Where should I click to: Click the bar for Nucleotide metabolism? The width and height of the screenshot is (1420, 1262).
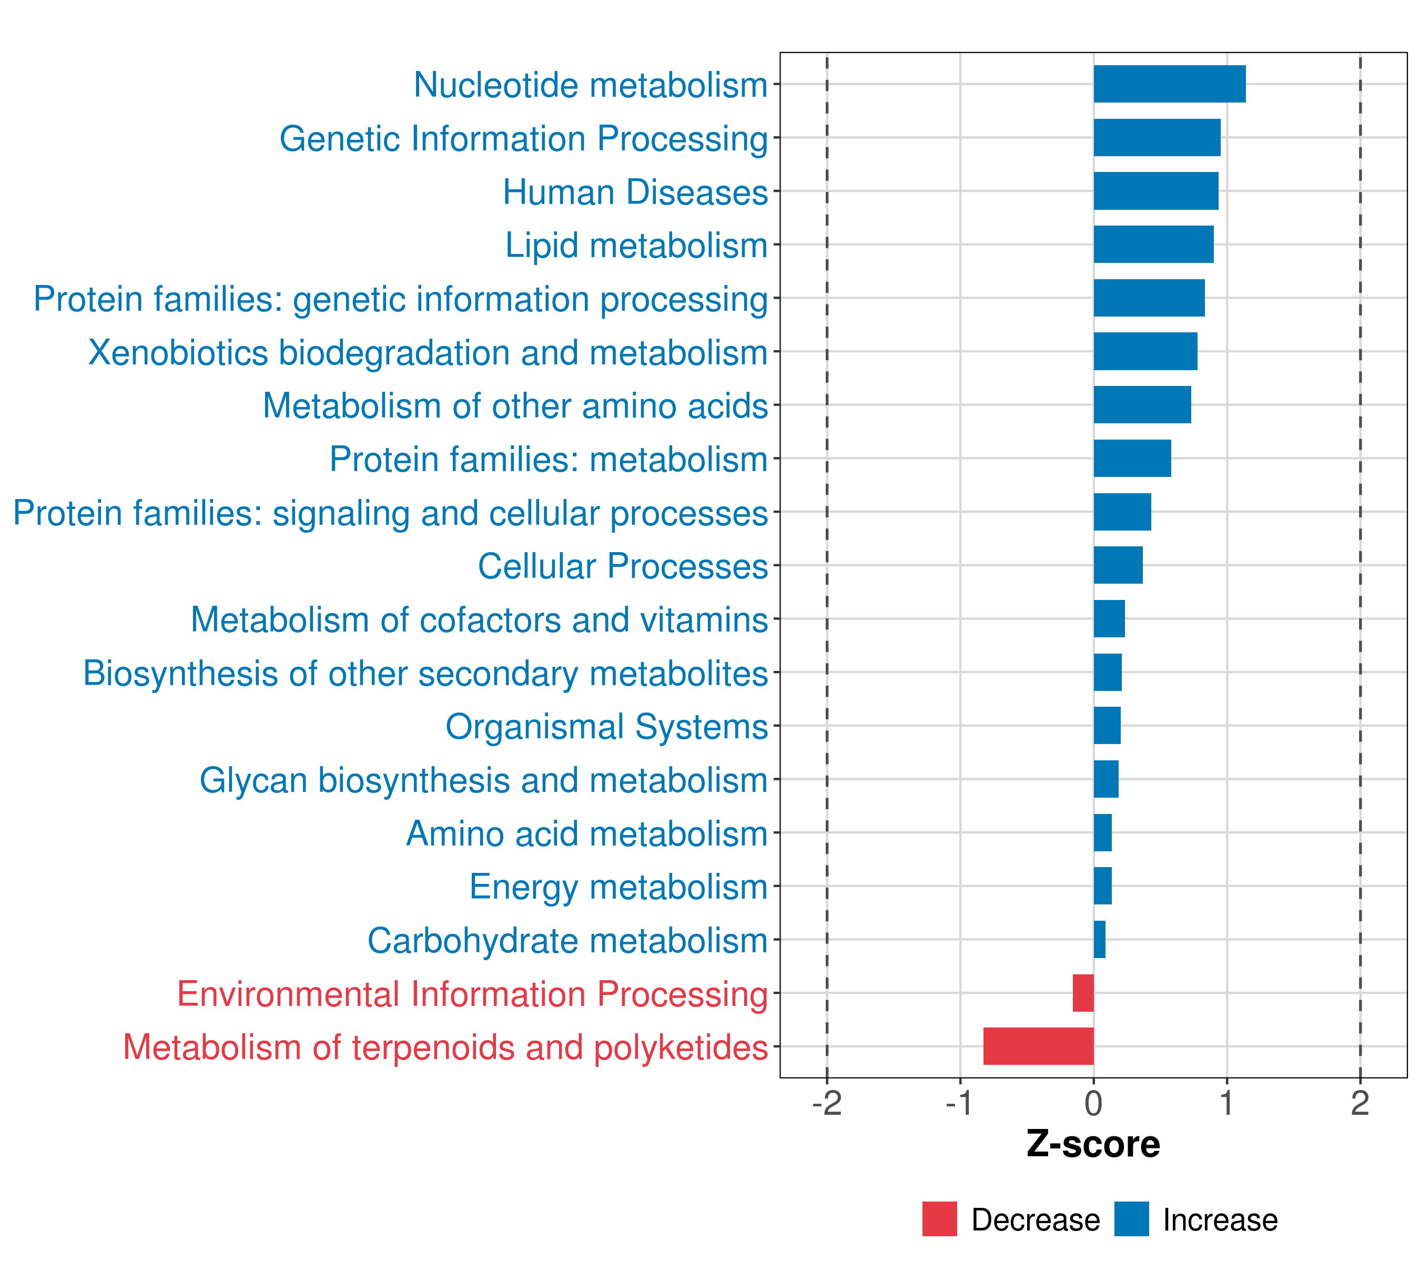click(1169, 84)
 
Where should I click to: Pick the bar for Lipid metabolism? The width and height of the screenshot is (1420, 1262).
click(1153, 245)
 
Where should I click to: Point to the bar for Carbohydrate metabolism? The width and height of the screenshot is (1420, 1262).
click(1099, 939)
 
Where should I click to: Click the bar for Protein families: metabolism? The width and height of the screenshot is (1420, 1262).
click(1132, 459)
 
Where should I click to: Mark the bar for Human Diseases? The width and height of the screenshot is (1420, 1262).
click(1156, 191)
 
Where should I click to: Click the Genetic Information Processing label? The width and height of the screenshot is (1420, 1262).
click(524, 139)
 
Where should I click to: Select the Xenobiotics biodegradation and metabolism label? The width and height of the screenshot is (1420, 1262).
click(428, 353)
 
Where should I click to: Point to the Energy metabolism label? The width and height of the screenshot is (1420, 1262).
click(618, 888)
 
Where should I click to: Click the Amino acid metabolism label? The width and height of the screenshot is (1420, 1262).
click(587, 833)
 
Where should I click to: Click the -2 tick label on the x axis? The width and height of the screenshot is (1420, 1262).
click(827, 1103)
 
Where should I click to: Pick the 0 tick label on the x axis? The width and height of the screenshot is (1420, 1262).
click(1093, 1103)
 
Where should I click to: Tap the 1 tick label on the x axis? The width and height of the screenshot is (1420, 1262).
click(1227, 1103)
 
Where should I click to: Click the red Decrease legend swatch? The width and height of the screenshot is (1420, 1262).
click(940, 1219)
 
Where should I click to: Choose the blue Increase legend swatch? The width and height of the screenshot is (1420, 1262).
click(1132, 1219)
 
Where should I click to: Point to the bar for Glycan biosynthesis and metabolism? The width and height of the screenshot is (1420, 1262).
click(1106, 779)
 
